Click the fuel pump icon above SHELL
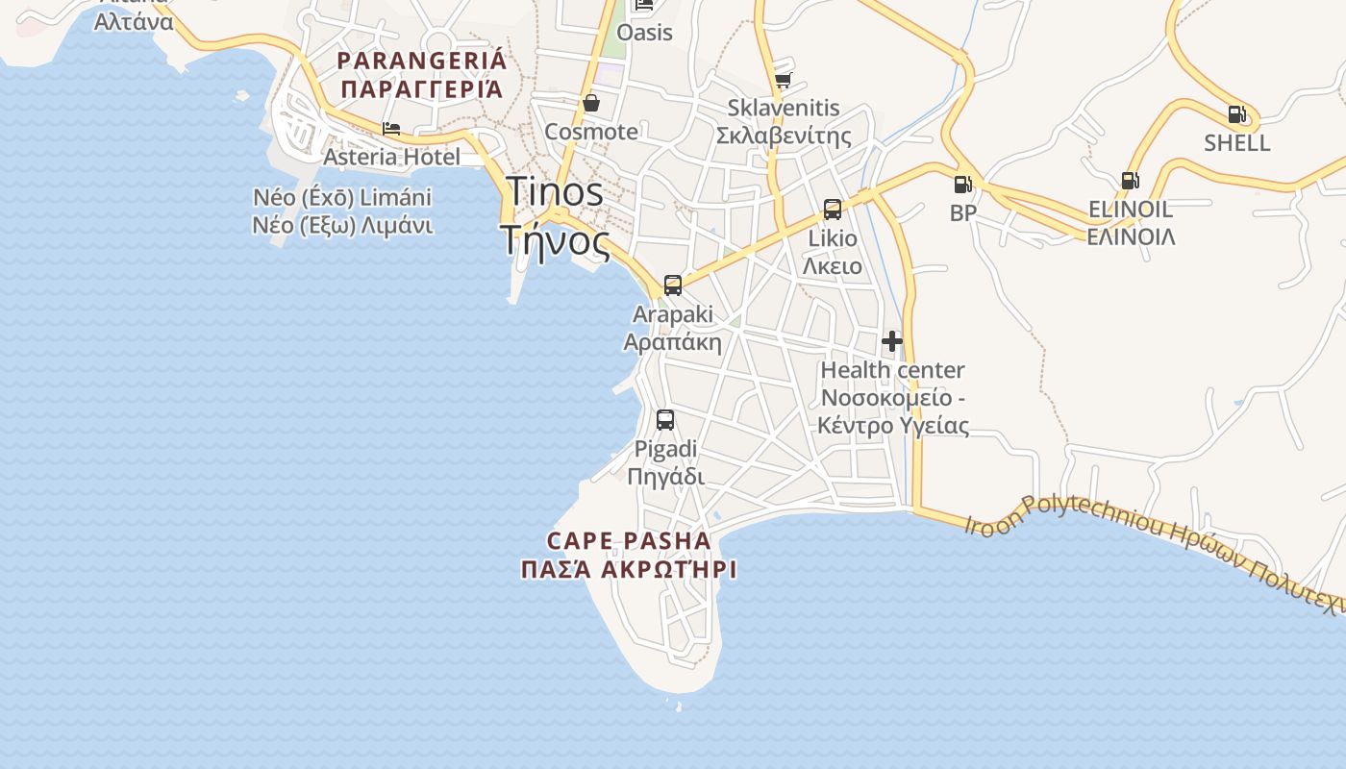[x=1236, y=114]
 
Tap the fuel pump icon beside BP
[x=962, y=184]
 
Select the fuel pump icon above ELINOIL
[x=1130, y=180]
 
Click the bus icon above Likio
[x=833, y=209]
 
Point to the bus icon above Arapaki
[x=672, y=285]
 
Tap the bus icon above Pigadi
[x=664, y=419]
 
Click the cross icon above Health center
[x=892, y=340]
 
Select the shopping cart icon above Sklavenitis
[x=783, y=80]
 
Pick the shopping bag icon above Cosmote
[x=591, y=102]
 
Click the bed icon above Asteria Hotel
[x=391, y=128]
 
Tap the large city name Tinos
[x=555, y=191]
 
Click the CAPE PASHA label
[x=629, y=540]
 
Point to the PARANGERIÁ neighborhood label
[x=421, y=61]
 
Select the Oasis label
[x=644, y=33]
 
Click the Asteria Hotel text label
[x=391, y=157]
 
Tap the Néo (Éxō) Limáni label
[x=342, y=198]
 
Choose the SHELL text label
[x=1237, y=143]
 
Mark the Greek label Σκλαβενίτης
[x=784, y=136]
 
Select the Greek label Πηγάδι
[x=665, y=477]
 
